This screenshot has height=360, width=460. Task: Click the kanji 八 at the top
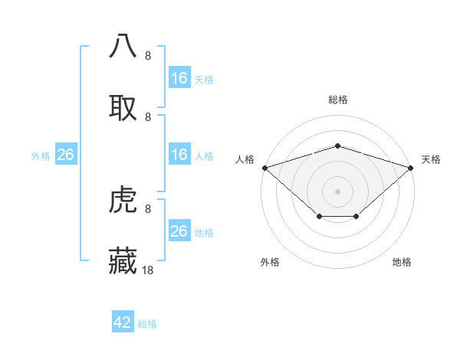[x=123, y=46]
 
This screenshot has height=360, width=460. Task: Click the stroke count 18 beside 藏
[x=148, y=270]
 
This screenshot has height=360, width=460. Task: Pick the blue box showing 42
[x=123, y=322]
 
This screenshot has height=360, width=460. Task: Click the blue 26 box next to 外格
[x=65, y=155]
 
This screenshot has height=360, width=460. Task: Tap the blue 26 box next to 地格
[x=179, y=231]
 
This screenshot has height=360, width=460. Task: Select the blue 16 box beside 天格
[x=179, y=78]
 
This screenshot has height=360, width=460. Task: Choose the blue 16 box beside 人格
[x=179, y=155]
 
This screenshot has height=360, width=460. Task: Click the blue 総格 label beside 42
[x=147, y=324]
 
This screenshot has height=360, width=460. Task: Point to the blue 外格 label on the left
[x=41, y=155]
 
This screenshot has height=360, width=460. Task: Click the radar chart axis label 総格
[x=338, y=100]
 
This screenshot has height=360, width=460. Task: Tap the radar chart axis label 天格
[x=431, y=159]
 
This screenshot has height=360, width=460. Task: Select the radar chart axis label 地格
[x=402, y=262]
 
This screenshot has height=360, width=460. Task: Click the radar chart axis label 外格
[x=270, y=262]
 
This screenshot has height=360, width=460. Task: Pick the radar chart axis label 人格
[x=245, y=159]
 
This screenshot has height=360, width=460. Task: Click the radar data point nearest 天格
[x=412, y=167]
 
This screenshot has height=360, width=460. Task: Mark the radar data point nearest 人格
[x=264, y=167]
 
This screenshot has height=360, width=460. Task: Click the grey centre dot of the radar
[x=338, y=191]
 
